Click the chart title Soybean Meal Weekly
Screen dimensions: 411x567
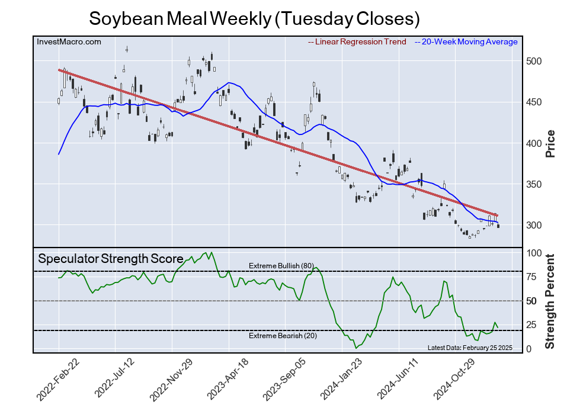point(254,18)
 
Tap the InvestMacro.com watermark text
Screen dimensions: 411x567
point(69,41)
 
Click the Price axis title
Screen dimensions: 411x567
point(550,143)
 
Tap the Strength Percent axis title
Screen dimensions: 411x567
point(550,301)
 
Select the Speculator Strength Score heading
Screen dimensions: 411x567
point(111,259)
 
